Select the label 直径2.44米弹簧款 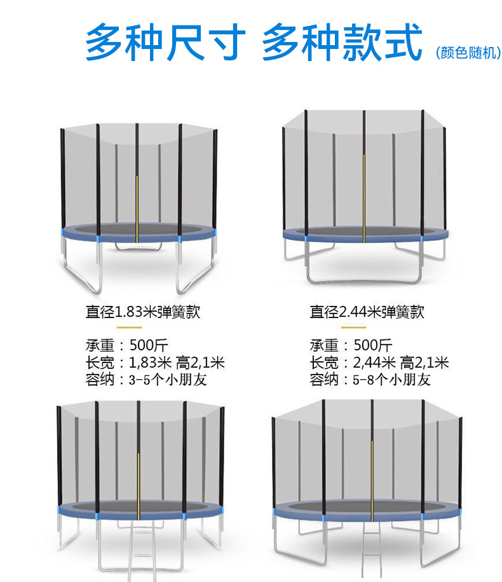pos(367,312)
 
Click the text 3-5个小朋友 pos(168,380)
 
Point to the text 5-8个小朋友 pos(391,380)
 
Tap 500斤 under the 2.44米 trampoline pos(372,346)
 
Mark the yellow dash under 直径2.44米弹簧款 pos(353,328)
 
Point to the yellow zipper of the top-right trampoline pos(363,197)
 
